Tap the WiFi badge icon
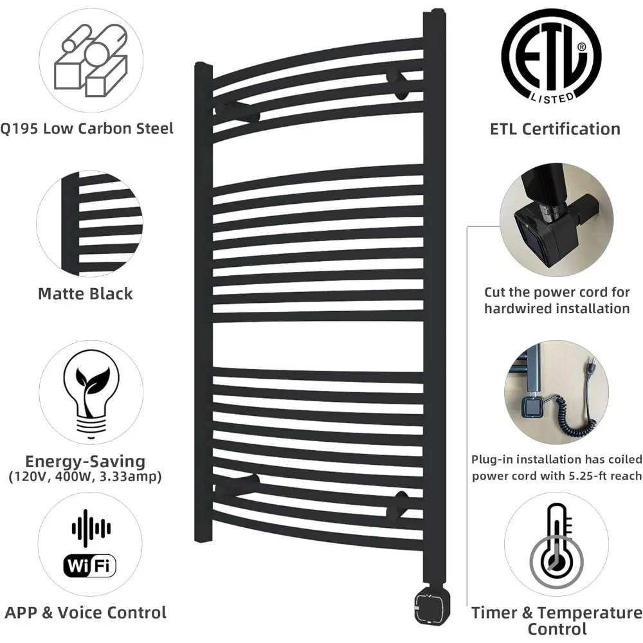point(89,565)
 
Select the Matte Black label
point(85,294)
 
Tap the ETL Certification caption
point(554,129)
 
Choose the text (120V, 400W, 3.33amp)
point(85,477)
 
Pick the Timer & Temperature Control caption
point(556,620)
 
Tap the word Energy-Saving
point(85,461)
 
